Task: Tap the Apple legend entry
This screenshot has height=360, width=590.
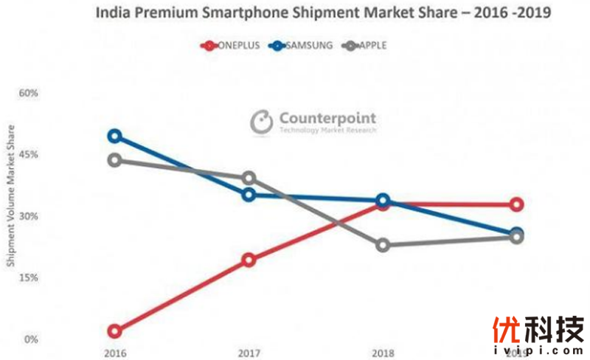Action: tap(366, 46)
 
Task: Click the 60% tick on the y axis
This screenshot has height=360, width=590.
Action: tap(28, 94)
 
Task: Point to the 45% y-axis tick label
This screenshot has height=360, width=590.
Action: tap(28, 155)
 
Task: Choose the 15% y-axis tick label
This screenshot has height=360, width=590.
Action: tap(28, 278)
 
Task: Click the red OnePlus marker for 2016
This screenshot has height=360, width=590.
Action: tap(114, 331)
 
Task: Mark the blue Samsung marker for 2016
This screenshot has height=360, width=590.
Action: tap(114, 136)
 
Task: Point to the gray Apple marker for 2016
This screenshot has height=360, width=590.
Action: tap(114, 161)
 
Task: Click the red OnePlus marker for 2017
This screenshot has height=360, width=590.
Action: tap(249, 260)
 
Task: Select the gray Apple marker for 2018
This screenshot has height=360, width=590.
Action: tap(383, 245)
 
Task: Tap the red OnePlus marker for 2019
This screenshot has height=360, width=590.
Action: tap(517, 204)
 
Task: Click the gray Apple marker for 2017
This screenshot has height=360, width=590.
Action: tap(249, 178)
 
